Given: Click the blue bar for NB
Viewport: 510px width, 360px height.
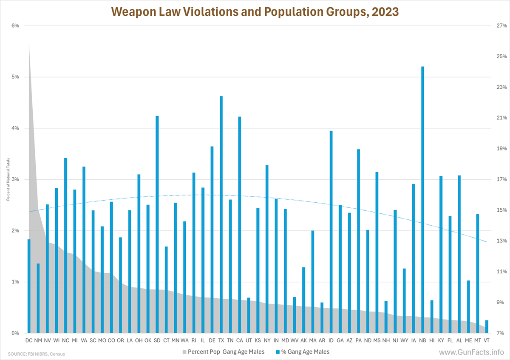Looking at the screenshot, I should pyautogui.click(x=422, y=200).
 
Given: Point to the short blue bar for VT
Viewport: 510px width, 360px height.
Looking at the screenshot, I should pyautogui.click(x=487, y=327).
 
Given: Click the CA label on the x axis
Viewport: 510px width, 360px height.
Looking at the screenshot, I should pyautogui.click(x=239, y=340).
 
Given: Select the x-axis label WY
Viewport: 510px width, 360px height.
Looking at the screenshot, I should pyautogui.click(x=404, y=340).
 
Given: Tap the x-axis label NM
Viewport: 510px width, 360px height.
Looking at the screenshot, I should pyautogui.click(x=38, y=340).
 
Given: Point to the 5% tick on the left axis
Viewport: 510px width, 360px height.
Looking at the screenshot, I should pyautogui.click(x=16, y=77).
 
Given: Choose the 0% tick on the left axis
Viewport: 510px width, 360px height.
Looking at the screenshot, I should pyautogui.click(x=16, y=333).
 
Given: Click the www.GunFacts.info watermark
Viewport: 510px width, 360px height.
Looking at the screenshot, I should pyautogui.click(x=471, y=352).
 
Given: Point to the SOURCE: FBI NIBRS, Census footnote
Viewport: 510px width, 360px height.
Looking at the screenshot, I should pyautogui.click(x=36, y=354).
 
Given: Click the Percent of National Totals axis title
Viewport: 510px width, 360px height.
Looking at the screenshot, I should pyautogui.click(x=8, y=179).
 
